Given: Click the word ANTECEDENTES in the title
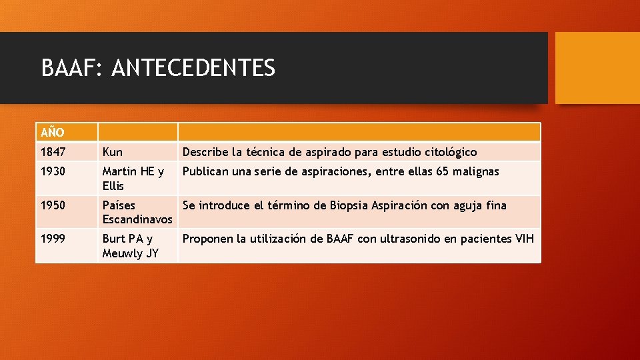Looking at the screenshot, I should [193, 67].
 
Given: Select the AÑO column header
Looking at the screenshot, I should [51, 133].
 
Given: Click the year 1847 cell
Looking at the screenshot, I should [53, 152].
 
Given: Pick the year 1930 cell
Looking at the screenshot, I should [53, 172].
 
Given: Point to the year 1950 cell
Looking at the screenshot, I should [53, 205].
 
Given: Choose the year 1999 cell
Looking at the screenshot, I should [53, 239].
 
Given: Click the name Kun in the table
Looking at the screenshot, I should [113, 152].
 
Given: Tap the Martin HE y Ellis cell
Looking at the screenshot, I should [133, 179].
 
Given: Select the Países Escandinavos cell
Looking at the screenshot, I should [137, 212].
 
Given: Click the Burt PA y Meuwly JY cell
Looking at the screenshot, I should [131, 245].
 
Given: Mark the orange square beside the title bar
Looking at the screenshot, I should [597, 68].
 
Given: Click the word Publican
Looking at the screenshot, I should [207, 172].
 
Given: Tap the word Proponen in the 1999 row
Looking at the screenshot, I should [208, 239].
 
